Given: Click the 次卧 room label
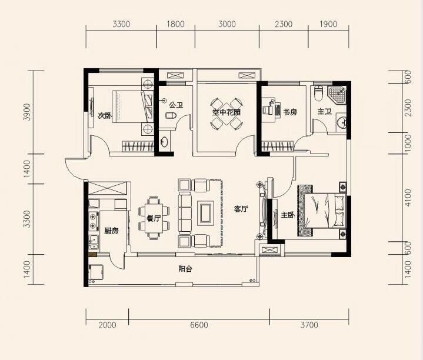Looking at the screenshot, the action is [104, 116].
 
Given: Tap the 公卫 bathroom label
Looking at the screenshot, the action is [176, 105].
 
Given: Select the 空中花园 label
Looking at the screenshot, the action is [227, 112].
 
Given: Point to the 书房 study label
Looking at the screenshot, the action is [290, 112].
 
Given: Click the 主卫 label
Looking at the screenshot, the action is [324, 111].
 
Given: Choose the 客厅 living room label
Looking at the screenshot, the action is [241, 209].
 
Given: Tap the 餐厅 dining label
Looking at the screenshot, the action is [154, 218].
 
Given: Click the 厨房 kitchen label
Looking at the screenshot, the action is [111, 231].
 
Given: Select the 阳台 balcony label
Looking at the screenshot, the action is [185, 269].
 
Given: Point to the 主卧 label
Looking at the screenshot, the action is [288, 215].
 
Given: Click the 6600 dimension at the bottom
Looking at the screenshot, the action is [199, 325].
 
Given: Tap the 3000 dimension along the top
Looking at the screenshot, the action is [227, 24].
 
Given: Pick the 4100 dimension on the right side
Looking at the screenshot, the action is [408, 198].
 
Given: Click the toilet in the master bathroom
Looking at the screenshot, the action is [319, 93].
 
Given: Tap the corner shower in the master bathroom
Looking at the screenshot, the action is [337, 94].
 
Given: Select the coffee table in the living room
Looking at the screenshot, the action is [206, 213].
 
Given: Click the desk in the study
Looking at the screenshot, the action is [276, 109].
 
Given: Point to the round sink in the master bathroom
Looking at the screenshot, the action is [342, 124].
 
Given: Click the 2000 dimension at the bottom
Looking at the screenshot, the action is [108, 325].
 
